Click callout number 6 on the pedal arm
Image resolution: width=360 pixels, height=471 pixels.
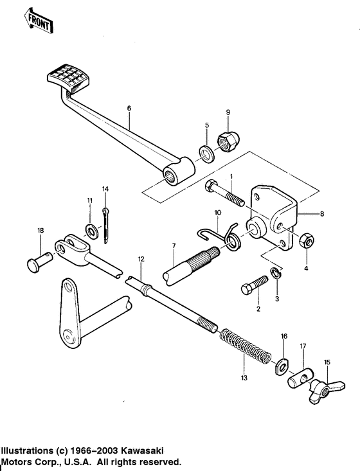129,109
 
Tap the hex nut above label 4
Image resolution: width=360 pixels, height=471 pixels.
306,240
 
